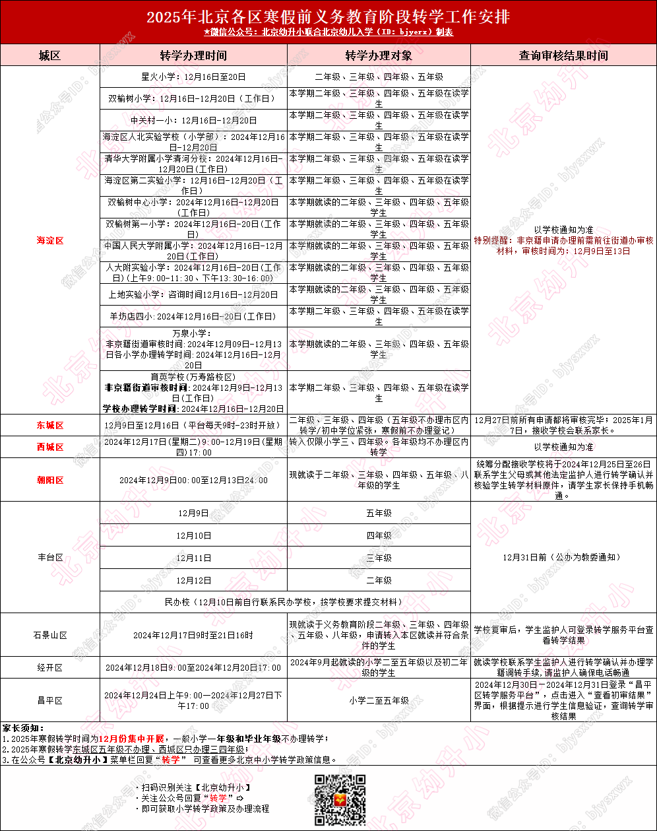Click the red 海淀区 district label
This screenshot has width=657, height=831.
tap(50, 240)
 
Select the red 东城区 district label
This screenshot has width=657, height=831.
tap(50, 425)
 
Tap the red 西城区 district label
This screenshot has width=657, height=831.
tap(50, 447)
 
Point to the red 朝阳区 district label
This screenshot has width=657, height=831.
tap(50, 480)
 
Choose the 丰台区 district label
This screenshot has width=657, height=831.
tap(50, 557)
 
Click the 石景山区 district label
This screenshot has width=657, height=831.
tap(50, 635)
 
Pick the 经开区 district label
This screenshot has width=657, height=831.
tap(50, 667)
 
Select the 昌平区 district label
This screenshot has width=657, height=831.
tap(50, 700)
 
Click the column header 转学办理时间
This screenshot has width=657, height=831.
tap(193, 55)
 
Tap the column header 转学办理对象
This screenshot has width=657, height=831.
tap(379, 55)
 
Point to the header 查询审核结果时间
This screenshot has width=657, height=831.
tap(563, 55)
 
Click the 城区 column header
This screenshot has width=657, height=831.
tap(50, 55)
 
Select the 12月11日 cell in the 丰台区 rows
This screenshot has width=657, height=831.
tap(193, 558)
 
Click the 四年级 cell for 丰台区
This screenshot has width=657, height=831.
tap(379, 535)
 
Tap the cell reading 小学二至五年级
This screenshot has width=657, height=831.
tap(379, 700)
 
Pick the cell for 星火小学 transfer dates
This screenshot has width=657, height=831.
tap(193, 77)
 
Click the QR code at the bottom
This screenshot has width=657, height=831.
tap(339, 800)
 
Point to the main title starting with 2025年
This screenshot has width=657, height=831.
tap(328, 16)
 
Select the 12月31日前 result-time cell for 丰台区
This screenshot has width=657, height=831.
tap(563, 557)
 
